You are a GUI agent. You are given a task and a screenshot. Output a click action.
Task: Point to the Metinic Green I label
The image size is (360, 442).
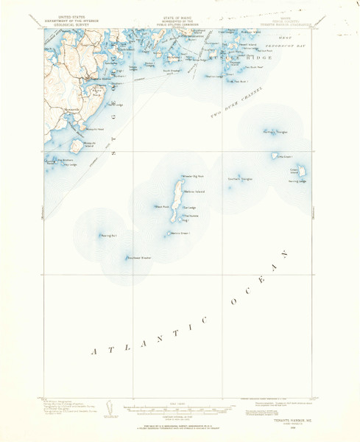tap(180, 234)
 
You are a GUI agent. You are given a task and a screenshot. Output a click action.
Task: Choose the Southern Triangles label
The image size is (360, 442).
tap(240, 178)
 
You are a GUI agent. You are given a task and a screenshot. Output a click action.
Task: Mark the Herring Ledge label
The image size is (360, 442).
tap(297, 181)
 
